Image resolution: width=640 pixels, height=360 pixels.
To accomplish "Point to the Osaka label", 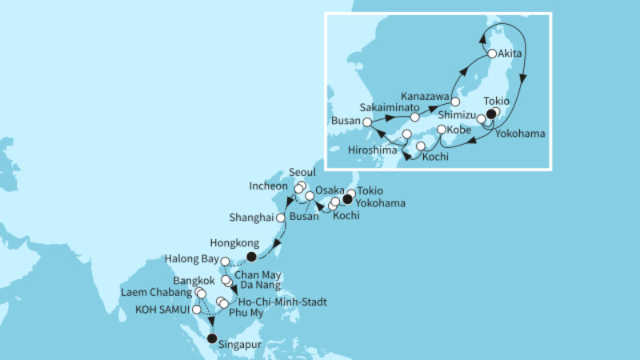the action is (x=328, y=189).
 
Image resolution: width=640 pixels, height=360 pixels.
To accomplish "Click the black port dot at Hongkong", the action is (x=253, y=257).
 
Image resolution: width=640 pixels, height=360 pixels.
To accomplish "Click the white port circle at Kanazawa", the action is (x=454, y=102).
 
